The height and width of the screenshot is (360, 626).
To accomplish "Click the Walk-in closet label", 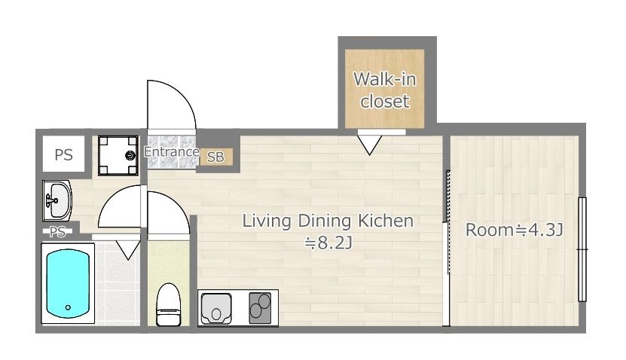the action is coord(385,90).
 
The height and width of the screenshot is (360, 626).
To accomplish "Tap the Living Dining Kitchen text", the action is coord(328,221).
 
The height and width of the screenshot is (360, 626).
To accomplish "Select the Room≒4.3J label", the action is coord(515,230).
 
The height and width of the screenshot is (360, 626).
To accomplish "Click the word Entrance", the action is coord(172,151).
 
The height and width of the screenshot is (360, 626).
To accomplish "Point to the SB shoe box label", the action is coord(215,157).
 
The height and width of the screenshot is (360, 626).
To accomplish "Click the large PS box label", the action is coord(63,154).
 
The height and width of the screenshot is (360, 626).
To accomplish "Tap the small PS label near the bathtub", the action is coord(57,232).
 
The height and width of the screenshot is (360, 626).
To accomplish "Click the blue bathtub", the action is coord(68,284).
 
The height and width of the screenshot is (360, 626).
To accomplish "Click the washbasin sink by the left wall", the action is coord(57,200).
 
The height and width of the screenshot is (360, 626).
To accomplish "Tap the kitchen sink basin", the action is coord(216,309).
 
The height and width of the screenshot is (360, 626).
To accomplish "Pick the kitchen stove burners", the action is coord(260,308).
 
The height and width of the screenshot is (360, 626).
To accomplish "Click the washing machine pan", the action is coord(118,156).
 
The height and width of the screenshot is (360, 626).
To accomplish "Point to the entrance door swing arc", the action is coord(182,95).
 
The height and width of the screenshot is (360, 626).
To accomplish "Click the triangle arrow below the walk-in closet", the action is coord(370,145).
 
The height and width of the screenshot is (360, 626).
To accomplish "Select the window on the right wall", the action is coord(582,249).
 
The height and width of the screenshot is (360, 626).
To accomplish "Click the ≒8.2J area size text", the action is coord(328,243).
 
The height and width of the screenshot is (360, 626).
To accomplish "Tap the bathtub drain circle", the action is coord(68,307).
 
